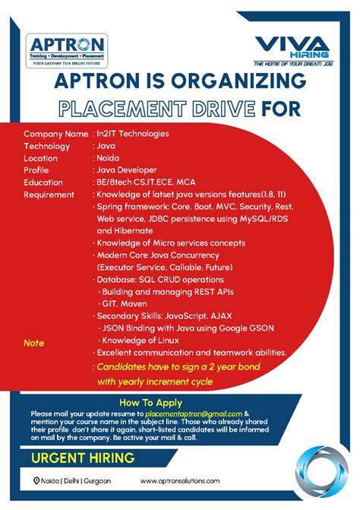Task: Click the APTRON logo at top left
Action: click(x=67, y=50)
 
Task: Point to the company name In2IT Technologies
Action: click(x=133, y=134)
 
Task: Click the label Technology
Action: click(x=47, y=146)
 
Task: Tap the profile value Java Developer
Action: click(x=127, y=170)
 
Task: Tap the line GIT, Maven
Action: click(x=126, y=303)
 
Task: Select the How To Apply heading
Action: click(x=151, y=401)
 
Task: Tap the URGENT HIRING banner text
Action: click(x=84, y=458)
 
